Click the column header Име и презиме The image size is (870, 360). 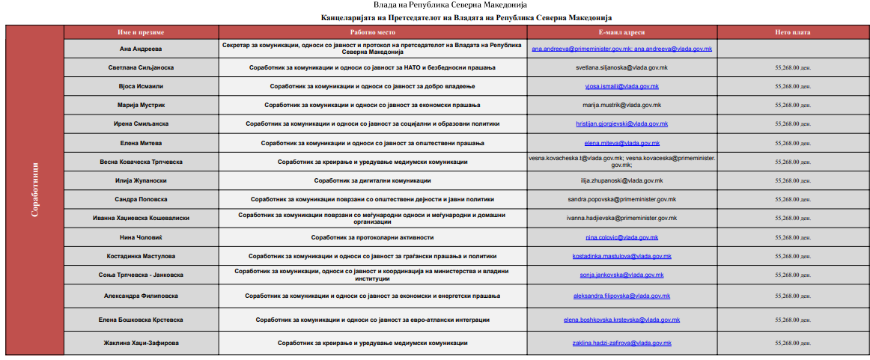point(141,33)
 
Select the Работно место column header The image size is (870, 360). point(372,33)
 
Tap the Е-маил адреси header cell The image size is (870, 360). point(621,33)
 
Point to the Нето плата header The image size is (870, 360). point(792,33)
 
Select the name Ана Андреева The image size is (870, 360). point(141,49)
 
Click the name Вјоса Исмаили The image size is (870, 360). point(141,86)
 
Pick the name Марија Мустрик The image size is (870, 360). point(141,105)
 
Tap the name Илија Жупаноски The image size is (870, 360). point(141,180)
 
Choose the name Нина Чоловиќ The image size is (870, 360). point(141,237)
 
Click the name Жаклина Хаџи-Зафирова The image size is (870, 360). point(141,343)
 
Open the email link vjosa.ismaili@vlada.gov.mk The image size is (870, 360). point(621,87)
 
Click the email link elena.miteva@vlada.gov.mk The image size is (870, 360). point(621,143)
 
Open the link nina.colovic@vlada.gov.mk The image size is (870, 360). point(621,237)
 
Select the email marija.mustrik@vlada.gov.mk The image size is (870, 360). point(621,105)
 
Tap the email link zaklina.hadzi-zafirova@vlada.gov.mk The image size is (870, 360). point(621,343)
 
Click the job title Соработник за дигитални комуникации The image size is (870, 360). point(372,180)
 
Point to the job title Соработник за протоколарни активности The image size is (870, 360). point(372,237)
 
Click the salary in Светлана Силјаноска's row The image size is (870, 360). point(793,67)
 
